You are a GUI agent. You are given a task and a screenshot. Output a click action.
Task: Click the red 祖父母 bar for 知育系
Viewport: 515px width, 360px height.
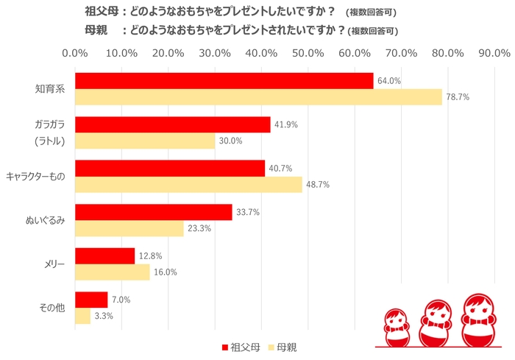tap(224, 81)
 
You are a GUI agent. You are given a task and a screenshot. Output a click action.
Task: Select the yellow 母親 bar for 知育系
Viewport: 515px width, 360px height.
tap(257, 97)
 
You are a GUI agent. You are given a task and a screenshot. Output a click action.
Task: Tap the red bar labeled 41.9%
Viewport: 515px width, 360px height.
tap(172, 124)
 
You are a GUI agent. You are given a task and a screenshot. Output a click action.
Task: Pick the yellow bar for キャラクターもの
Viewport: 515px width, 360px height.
tap(188, 185)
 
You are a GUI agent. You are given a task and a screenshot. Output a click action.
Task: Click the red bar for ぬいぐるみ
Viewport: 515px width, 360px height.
tap(153, 212)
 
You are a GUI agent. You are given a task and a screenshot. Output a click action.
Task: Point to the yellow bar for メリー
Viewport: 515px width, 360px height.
tap(112, 272)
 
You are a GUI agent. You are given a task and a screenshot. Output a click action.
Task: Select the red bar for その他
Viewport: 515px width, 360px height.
tap(91, 299)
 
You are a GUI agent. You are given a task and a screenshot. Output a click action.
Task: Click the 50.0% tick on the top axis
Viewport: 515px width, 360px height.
tap(308, 53)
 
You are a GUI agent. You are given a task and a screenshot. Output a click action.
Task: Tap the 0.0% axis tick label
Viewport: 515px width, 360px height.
tap(75, 53)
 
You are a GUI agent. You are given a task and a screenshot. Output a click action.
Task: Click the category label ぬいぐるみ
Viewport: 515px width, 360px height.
tap(46, 220)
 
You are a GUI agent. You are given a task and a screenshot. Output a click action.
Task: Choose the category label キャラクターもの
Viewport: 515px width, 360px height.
tap(36, 177)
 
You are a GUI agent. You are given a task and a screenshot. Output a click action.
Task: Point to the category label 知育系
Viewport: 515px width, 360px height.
tap(50, 89)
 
